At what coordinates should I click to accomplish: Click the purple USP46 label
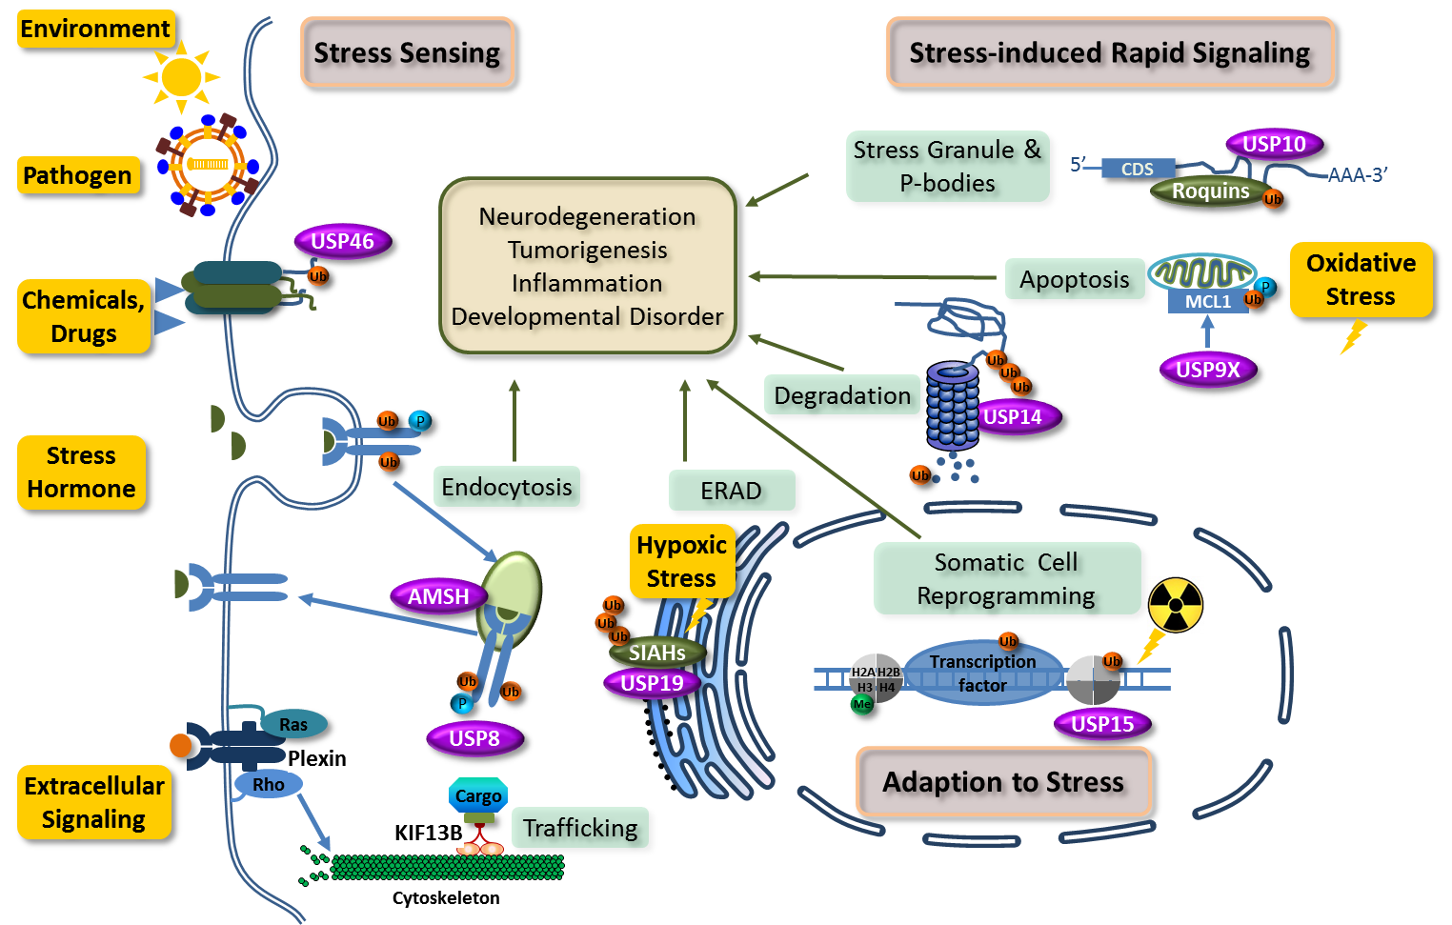click(342, 242)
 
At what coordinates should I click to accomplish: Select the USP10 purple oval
click(1274, 144)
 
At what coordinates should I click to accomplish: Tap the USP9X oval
click(1208, 370)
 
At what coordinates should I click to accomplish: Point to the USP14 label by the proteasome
click(1014, 416)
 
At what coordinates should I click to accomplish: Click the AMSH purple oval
click(438, 596)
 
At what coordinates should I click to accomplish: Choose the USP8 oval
click(474, 738)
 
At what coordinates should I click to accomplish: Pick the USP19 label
click(652, 683)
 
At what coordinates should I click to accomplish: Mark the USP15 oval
click(1102, 724)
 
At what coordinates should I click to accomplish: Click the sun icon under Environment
click(181, 76)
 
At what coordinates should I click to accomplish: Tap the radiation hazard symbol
click(1176, 605)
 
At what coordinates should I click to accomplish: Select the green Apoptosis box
click(1075, 279)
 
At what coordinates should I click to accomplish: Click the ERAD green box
click(731, 491)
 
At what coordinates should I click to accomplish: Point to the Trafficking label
click(580, 828)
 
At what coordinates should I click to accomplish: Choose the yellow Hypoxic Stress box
click(681, 561)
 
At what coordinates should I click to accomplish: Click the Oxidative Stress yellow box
click(1361, 279)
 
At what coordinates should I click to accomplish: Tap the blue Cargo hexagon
click(478, 795)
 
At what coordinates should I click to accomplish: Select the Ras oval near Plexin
click(293, 725)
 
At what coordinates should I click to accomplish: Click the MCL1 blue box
click(1207, 301)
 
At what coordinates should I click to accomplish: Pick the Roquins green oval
click(1210, 191)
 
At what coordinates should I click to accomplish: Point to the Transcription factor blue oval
click(982, 674)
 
